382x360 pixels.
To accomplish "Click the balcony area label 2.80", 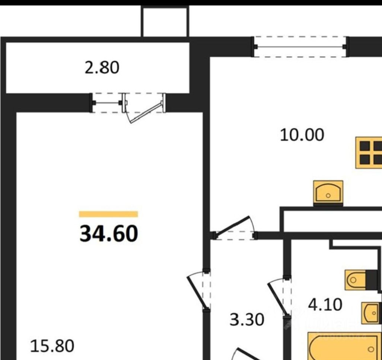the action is click(102, 68).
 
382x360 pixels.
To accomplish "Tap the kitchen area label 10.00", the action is click(302, 135).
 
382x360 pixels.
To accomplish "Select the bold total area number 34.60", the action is click(108, 234).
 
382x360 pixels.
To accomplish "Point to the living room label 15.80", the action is click(52, 346).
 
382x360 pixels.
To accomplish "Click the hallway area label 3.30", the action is click(247, 319).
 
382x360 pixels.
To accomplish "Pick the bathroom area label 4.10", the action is click(325, 305).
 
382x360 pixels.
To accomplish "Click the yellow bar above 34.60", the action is click(108, 214).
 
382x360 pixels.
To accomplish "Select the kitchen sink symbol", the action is click(328, 192).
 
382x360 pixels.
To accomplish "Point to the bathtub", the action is click(344, 347).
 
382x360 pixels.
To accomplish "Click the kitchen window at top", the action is click(300, 47).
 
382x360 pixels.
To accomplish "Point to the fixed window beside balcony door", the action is click(107, 103).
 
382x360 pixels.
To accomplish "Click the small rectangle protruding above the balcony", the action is click(165, 21).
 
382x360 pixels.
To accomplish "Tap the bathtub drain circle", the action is click(370, 349).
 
